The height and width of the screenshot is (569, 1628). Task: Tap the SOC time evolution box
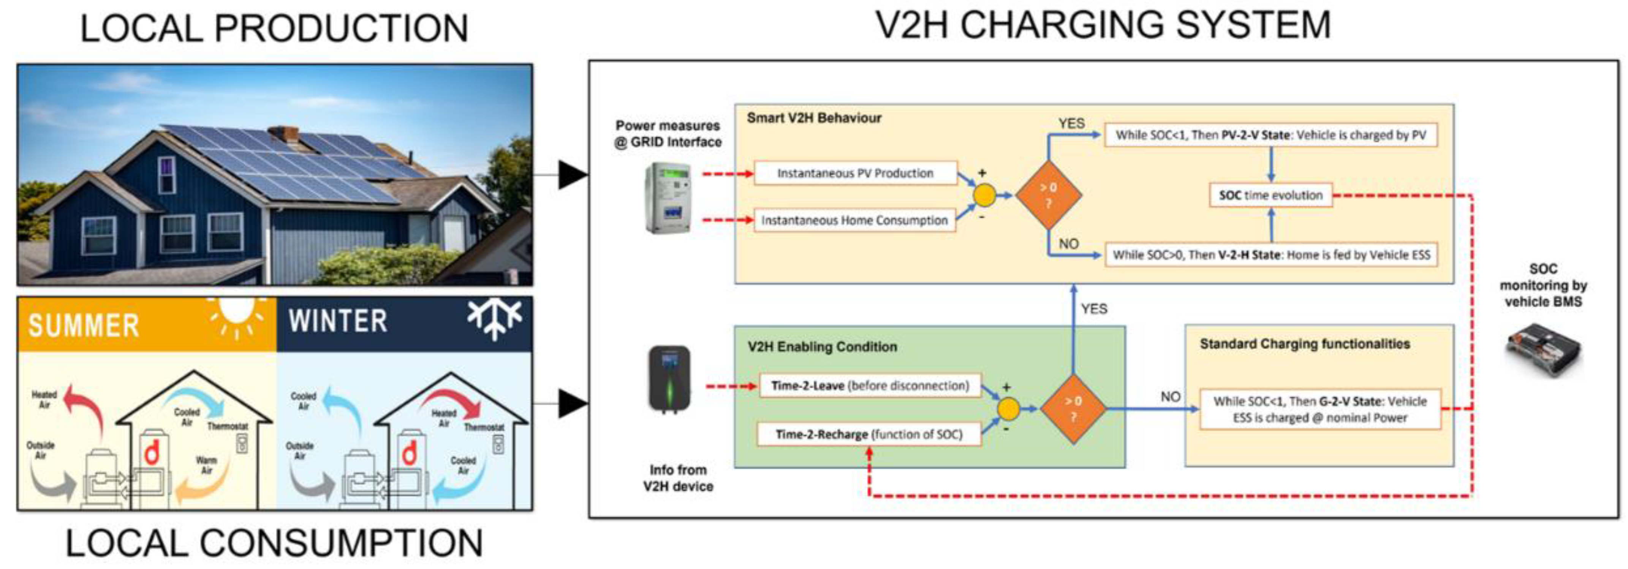coord(1270,195)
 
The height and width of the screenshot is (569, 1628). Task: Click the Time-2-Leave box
coord(869,385)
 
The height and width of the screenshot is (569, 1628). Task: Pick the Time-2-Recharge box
coord(869,435)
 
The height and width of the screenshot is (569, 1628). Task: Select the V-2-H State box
coord(1270,254)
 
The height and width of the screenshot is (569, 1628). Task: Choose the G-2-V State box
coord(1319,409)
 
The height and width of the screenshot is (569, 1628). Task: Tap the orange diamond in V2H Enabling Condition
coord(1073,409)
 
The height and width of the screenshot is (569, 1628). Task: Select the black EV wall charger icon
coord(669,379)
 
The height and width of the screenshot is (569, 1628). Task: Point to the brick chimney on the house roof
coord(284,134)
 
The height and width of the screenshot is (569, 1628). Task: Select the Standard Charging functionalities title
coord(1304,343)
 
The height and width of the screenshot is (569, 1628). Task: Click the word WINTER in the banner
coord(338,321)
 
